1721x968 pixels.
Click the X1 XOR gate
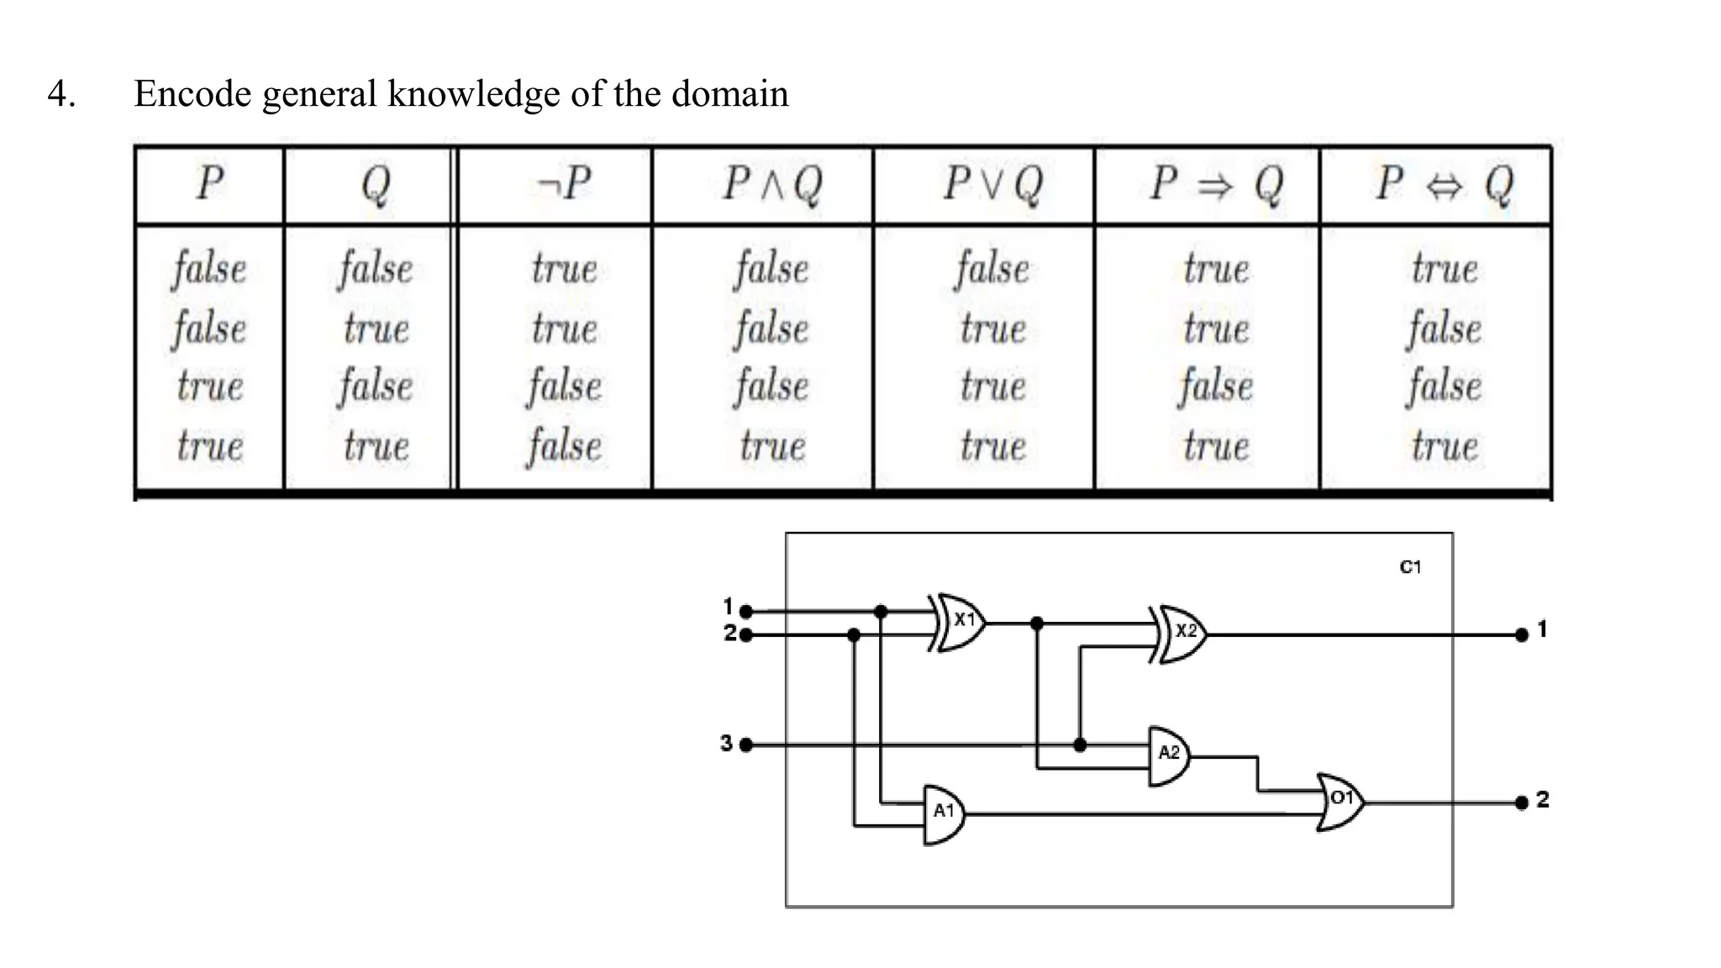click(960, 622)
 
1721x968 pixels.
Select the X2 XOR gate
click(1182, 633)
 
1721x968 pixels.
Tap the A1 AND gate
click(943, 813)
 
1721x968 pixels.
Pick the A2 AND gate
click(1168, 755)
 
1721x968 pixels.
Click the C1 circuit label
click(1410, 567)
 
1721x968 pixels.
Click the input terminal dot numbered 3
click(745, 744)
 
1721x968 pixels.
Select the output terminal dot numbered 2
click(1521, 802)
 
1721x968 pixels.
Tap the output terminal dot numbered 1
click(1521, 635)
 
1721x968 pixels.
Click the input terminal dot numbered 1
click(745, 612)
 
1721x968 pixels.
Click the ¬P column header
click(563, 184)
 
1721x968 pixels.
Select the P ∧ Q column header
click(771, 184)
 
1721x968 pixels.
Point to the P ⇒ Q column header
click(1215, 184)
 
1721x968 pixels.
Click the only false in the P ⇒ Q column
click(1215, 387)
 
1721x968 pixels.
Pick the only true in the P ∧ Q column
click(771, 445)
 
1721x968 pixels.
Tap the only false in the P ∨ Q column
click(992, 269)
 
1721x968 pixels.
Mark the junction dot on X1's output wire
click(1036, 623)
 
